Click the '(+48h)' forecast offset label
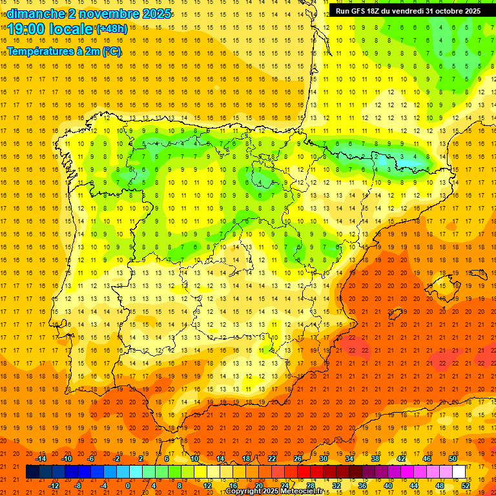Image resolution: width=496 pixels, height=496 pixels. (111, 29)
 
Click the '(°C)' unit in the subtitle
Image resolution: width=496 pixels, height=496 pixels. (110, 52)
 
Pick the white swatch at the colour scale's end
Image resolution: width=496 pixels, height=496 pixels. (459, 472)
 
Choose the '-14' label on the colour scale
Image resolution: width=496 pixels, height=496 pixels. (41, 459)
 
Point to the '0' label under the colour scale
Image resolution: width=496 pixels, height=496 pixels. (128, 486)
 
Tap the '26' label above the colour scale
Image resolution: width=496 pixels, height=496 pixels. (298, 459)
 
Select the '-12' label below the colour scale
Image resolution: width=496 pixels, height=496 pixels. (54, 486)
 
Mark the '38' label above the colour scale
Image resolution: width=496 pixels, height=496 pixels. (375, 459)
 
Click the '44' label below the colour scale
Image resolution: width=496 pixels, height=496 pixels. (415, 486)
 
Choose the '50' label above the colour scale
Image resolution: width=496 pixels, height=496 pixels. (453, 459)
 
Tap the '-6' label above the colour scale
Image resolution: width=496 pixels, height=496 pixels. (91, 459)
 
